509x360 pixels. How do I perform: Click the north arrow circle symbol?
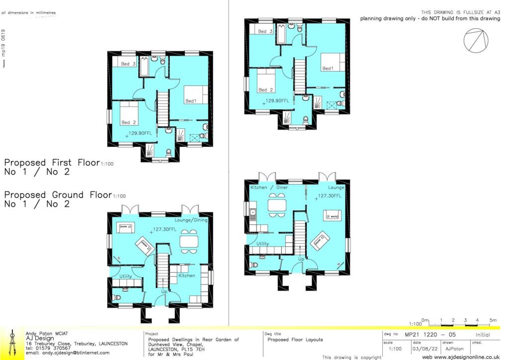475,40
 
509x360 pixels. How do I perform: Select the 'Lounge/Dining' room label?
190,220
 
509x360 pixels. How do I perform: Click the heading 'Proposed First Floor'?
52,163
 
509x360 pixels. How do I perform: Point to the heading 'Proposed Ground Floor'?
58,195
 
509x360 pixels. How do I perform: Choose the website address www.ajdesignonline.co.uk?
461,357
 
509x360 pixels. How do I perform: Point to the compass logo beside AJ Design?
12,343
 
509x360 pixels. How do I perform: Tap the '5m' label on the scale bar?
493,320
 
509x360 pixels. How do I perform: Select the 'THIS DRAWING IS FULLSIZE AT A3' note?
460,12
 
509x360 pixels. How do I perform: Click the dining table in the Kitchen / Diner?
277,205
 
